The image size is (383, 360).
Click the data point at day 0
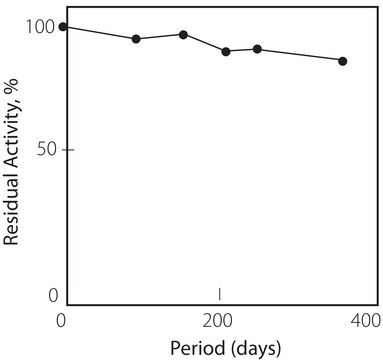(x=63, y=27)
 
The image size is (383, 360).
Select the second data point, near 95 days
(x=136, y=39)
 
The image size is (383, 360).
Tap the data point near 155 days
(x=183, y=34)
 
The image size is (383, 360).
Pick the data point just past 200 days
(x=226, y=51)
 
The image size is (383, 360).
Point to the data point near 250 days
(x=257, y=49)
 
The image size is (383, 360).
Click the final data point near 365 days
(x=343, y=61)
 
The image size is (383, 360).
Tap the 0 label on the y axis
(x=53, y=295)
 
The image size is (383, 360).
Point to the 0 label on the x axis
(x=62, y=320)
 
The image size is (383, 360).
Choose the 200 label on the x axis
(x=217, y=320)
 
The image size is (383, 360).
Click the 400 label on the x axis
(x=366, y=320)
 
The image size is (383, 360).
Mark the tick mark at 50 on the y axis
(x=68, y=150)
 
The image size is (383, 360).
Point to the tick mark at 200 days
(x=219, y=294)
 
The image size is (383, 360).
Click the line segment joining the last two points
(x=300, y=55)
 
